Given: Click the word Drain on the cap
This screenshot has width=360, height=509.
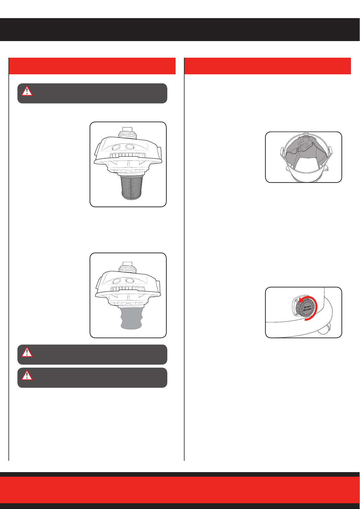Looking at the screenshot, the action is [307, 307].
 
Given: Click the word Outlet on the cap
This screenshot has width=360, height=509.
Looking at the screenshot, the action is [307, 310].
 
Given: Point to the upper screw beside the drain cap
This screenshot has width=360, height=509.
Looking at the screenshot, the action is [296, 301].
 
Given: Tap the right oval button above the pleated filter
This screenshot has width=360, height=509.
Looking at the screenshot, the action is [130, 147].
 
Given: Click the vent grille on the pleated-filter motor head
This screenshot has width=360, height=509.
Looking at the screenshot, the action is [128, 156].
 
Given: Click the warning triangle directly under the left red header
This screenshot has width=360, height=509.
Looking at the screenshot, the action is [27, 91].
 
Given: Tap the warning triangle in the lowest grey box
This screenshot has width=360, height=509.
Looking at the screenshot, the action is [27, 375].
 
